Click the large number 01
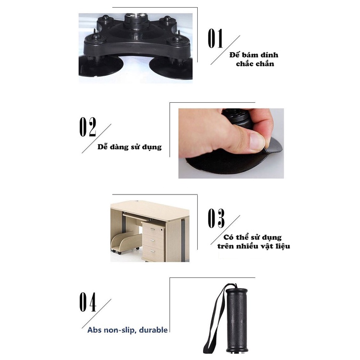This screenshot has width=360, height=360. click(x=215, y=38)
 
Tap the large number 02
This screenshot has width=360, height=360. click(x=87, y=127)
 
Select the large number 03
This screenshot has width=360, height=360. click(x=216, y=218)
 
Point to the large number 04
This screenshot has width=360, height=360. click(x=88, y=302)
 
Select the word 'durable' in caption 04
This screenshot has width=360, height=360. click(x=154, y=330)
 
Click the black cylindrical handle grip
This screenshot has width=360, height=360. click(x=237, y=320)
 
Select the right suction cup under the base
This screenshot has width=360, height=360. click(x=170, y=69)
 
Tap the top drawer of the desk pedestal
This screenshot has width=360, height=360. click(x=154, y=228)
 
